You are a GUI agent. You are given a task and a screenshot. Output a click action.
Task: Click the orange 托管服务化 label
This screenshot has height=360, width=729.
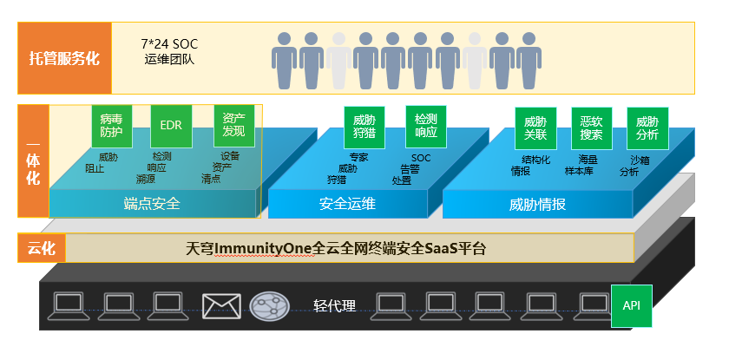[x=64, y=58]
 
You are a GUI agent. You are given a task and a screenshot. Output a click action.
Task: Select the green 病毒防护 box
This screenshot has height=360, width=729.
[x=111, y=127]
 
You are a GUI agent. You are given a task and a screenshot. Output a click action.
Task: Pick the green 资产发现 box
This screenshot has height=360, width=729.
[x=233, y=127]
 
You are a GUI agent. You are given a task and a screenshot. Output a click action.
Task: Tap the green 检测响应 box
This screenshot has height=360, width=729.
[x=425, y=127]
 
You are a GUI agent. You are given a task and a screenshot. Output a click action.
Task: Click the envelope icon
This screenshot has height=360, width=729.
[x=220, y=304]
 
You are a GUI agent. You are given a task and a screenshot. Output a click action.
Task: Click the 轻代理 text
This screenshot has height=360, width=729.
[x=334, y=305]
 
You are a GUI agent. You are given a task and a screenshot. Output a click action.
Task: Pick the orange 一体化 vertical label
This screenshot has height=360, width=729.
[x=33, y=161]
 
